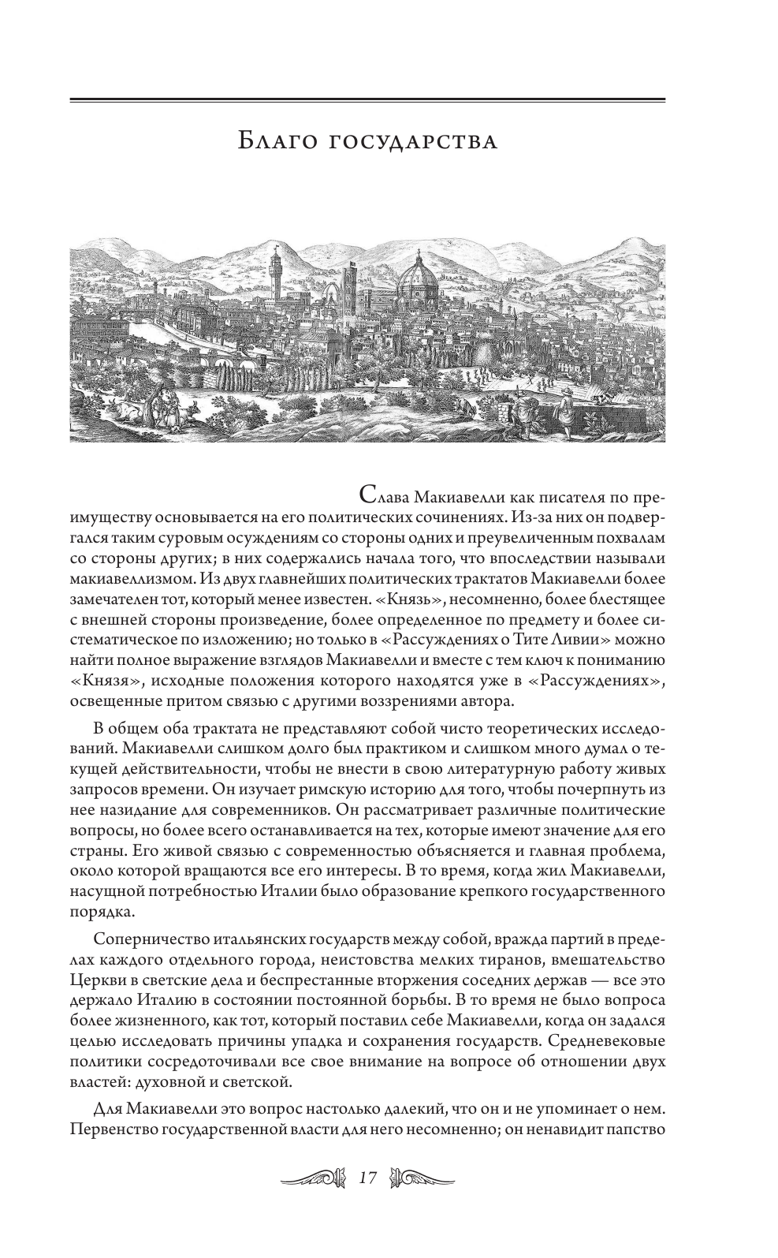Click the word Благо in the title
click(x=277, y=142)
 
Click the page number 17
click(x=367, y=1178)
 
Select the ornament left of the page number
click(x=314, y=1178)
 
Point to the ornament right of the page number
click(x=423, y=1178)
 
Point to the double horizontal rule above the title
click(x=367, y=100)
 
